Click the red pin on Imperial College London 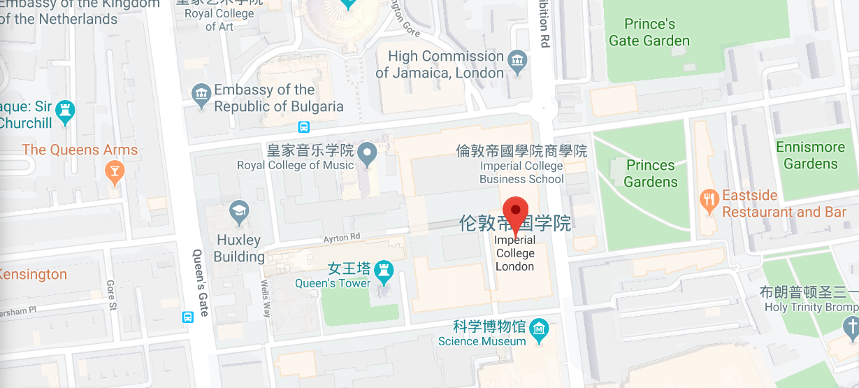(516, 210)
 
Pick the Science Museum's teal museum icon (539, 329)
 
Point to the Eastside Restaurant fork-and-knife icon (709, 200)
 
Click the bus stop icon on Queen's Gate (187, 317)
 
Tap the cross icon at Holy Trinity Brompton (851, 326)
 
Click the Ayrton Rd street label (341, 238)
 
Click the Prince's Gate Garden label (649, 32)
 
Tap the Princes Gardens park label (651, 173)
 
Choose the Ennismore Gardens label (810, 155)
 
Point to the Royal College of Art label (219, 20)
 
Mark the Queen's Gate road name (200, 282)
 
